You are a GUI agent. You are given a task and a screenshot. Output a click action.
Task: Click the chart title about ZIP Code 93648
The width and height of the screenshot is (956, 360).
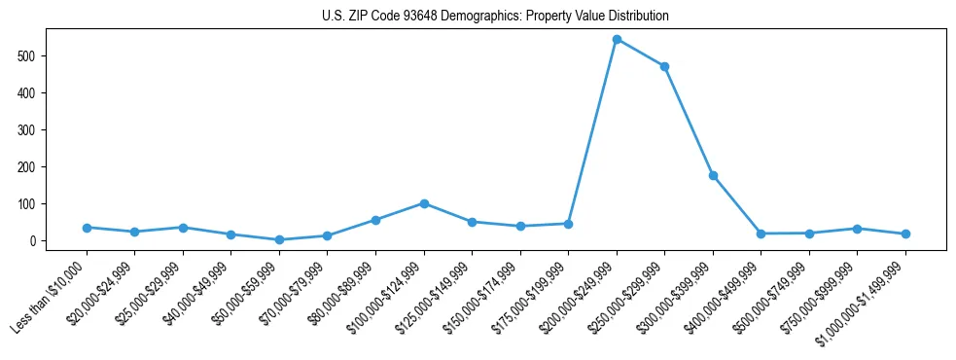(x=495, y=17)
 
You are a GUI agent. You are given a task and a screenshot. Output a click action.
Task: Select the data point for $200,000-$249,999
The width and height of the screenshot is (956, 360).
(x=617, y=40)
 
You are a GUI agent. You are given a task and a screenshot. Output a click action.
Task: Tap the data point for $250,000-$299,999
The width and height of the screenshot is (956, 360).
(x=664, y=67)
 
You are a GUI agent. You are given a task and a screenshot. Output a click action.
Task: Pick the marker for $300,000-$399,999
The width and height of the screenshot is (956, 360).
(x=713, y=176)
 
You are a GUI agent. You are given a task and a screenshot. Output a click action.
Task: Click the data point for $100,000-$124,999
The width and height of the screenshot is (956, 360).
(x=424, y=203)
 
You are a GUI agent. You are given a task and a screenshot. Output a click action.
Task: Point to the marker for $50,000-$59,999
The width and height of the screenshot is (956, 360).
(x=279, y=239)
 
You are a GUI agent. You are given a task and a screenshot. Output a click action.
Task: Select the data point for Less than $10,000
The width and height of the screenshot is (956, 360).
(x=87, y=228)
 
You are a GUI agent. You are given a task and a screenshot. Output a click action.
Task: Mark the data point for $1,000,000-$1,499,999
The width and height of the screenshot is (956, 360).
(x=905, y=234)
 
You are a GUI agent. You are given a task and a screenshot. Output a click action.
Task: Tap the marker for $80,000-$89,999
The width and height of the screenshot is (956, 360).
(x=375, y=220)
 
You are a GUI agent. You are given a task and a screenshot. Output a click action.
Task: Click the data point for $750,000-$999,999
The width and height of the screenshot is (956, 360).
(x=857, y=229)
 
